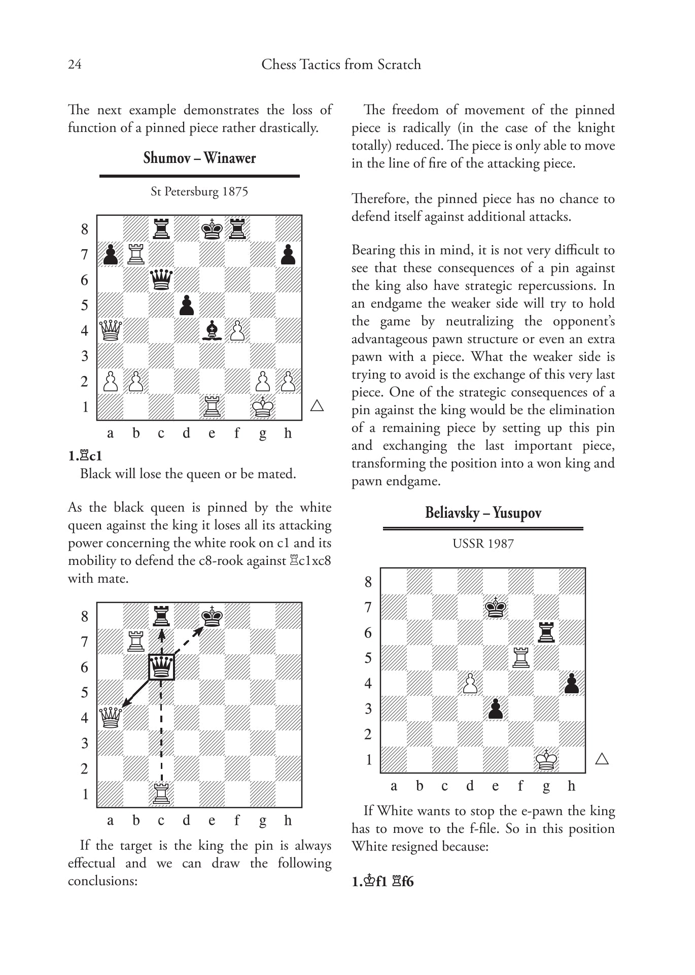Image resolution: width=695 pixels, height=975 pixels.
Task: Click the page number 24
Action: (x=74, y=64)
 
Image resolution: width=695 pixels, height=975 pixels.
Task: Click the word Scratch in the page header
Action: (x=399, y=64)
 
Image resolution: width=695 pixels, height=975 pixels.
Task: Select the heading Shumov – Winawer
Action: (x=199, y=158)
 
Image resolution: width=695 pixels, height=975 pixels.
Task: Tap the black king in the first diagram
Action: (x=212, y=229)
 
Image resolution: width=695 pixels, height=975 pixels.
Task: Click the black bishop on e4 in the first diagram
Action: (x=212, y=331)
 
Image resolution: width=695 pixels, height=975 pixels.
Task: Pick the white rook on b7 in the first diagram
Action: (x=136, y=254)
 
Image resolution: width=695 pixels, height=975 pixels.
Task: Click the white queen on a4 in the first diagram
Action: (x=111, y=331)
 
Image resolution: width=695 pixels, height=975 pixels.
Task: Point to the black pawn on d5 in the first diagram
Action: (x=187, y=306)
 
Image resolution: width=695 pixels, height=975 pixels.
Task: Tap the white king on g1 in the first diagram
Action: (x=263, y=407)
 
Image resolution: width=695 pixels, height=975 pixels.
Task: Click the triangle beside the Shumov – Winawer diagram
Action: (x=317, y=406)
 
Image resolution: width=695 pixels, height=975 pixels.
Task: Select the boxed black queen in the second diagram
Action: (x=161, y=667)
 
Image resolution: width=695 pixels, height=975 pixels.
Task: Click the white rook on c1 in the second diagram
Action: (x=161, y=794)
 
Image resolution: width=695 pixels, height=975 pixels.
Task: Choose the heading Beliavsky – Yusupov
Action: (x=483, y=513)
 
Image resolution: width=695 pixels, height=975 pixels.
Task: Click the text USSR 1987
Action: (x=483, y=544)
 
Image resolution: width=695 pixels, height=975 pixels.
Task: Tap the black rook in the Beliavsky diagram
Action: (x=546, y=632)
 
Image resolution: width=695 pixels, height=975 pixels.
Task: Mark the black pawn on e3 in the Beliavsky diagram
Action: (x=496, y=709)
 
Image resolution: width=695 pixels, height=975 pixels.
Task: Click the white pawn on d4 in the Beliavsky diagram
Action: (x=470, y=684)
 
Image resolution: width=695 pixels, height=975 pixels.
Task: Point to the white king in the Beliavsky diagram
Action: (x=546, y=760)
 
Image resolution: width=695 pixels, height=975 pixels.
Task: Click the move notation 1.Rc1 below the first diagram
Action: (x=85, y=456)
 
